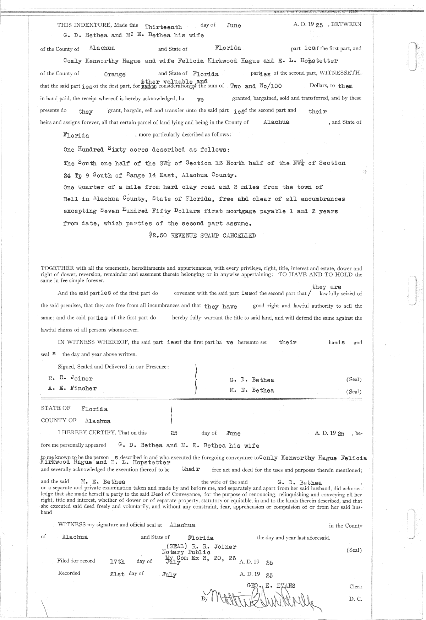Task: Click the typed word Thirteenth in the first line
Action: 164,27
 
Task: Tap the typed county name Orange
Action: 115,75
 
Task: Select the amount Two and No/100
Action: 256,86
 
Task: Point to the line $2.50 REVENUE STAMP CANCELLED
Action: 202,236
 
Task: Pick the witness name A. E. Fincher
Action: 72,388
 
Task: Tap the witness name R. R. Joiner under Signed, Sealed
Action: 70,378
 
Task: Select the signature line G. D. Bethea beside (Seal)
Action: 252,380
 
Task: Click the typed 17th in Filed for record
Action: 118,562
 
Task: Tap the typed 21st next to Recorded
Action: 118,574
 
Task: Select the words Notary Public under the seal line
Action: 186,552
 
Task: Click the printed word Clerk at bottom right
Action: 355,587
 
